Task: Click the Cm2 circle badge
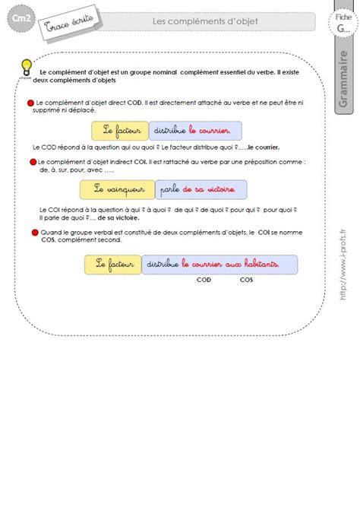pos(17,21)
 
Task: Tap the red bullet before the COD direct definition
pos(30,102)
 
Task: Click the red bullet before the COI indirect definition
pos(33,161)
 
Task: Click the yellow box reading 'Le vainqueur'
pos(120,188)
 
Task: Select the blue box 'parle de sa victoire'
pos(202,188)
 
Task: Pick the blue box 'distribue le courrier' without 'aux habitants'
pos(195,130)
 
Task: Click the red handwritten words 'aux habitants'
pos(254,264)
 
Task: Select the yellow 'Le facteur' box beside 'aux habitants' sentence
pos(113,264)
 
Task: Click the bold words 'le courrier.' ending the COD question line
pos(268,147)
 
